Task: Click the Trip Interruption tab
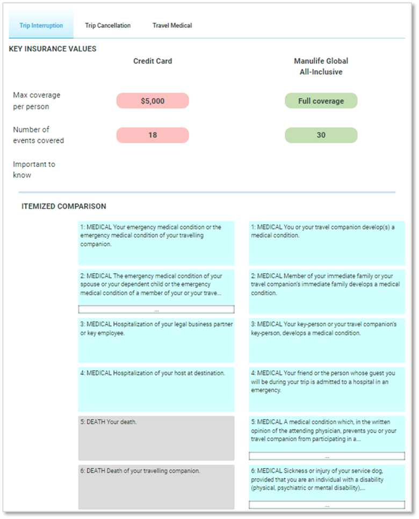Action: tap(41, 26)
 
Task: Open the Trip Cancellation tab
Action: tap(107, 26)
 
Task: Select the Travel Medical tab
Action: tap(172, 26)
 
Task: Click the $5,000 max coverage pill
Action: tap(153, 101)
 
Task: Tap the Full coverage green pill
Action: tap(321, 101)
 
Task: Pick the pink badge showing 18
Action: tap(153, 135)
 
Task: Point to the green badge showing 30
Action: tap(321, 135)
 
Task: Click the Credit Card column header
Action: tap(153, 61)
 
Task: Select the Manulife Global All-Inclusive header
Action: tap(321, 67)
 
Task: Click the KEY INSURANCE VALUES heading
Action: tap(53, 49)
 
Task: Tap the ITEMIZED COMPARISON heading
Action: tap(63, 206)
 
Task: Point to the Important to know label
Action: tap(34, 170)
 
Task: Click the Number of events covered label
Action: tap(38, 135)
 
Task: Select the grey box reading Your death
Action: tap(156, 438)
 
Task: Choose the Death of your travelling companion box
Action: tap(156, 487)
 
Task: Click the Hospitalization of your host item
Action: tap(156, 389)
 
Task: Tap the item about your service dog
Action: tap(327, 479)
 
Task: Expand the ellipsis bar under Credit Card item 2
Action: tap(156, 310)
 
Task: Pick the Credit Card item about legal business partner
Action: tap(156, 340)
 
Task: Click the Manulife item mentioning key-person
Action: tap(327, 340)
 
